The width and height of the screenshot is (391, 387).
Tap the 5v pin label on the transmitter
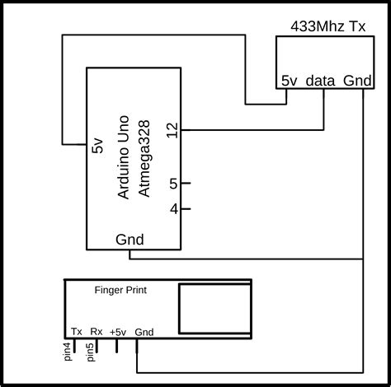coord(289,81)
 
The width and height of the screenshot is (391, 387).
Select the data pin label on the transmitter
coord(321,81)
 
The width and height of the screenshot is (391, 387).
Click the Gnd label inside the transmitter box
coord(357,81)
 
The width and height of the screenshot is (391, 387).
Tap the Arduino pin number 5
coord(173,184)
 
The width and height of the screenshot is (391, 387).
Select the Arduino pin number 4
coord(173,209)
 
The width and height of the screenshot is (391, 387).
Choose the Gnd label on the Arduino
coord(130,240)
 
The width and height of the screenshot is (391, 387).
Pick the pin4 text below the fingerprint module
coord(68,352)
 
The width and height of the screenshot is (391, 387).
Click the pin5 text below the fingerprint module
coord(90,352)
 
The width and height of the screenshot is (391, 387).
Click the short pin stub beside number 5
coord(186,184)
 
